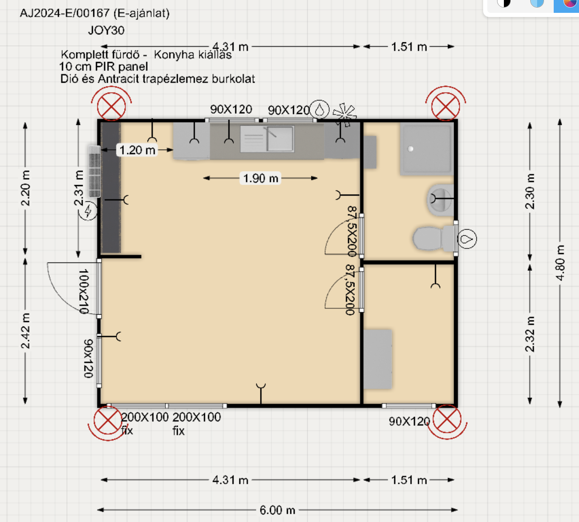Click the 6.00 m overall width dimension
coord(277,510)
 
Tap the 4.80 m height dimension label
coord(560,263)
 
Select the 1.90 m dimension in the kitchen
coord(260,178)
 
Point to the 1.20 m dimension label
coord(137,150)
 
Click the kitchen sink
coord(267,139)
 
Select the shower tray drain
coord(410,149)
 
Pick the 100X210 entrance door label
coord(84,291)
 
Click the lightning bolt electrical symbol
coord(88,211)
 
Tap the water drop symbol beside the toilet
coord(467,239)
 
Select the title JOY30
coord(106,30)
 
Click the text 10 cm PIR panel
coord(103,67)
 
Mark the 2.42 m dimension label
coord(25,331)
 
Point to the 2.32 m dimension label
coord(530,334)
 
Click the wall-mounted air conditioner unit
coord(94,171)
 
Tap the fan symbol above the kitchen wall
coord(344,114)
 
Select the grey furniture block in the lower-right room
coord(377,359)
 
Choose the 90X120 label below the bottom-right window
coord(409,422)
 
